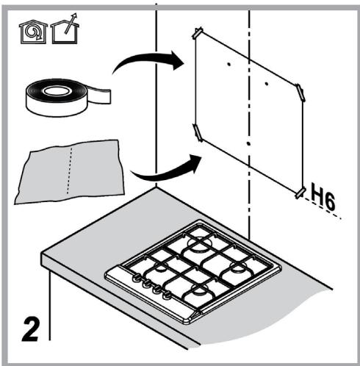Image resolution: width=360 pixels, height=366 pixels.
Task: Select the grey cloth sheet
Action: click(x=70, y=171)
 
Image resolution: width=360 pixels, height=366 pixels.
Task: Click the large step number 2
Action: click(x=30, y=329)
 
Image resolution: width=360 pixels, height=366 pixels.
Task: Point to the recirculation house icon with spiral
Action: click(x=33, y=32)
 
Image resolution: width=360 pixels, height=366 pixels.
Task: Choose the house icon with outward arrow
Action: click(x=65, y=29)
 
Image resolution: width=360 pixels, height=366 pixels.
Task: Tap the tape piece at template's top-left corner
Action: click(x=198, y=32)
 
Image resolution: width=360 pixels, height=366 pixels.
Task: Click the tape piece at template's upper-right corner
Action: click(x=300, y=92)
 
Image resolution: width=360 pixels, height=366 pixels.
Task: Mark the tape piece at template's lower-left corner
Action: click(x=198, y=132)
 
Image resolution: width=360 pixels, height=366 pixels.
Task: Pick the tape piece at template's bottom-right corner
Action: click(x=301, y=192)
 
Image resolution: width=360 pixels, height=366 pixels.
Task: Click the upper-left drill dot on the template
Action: click(x=229, y=65)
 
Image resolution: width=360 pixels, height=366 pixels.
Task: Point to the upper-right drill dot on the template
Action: click(x=267, y=84)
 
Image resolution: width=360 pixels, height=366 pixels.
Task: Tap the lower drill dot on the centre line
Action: click(x=248, y=144)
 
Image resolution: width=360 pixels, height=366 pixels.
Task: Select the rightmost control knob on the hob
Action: click(x=167, y=295)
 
